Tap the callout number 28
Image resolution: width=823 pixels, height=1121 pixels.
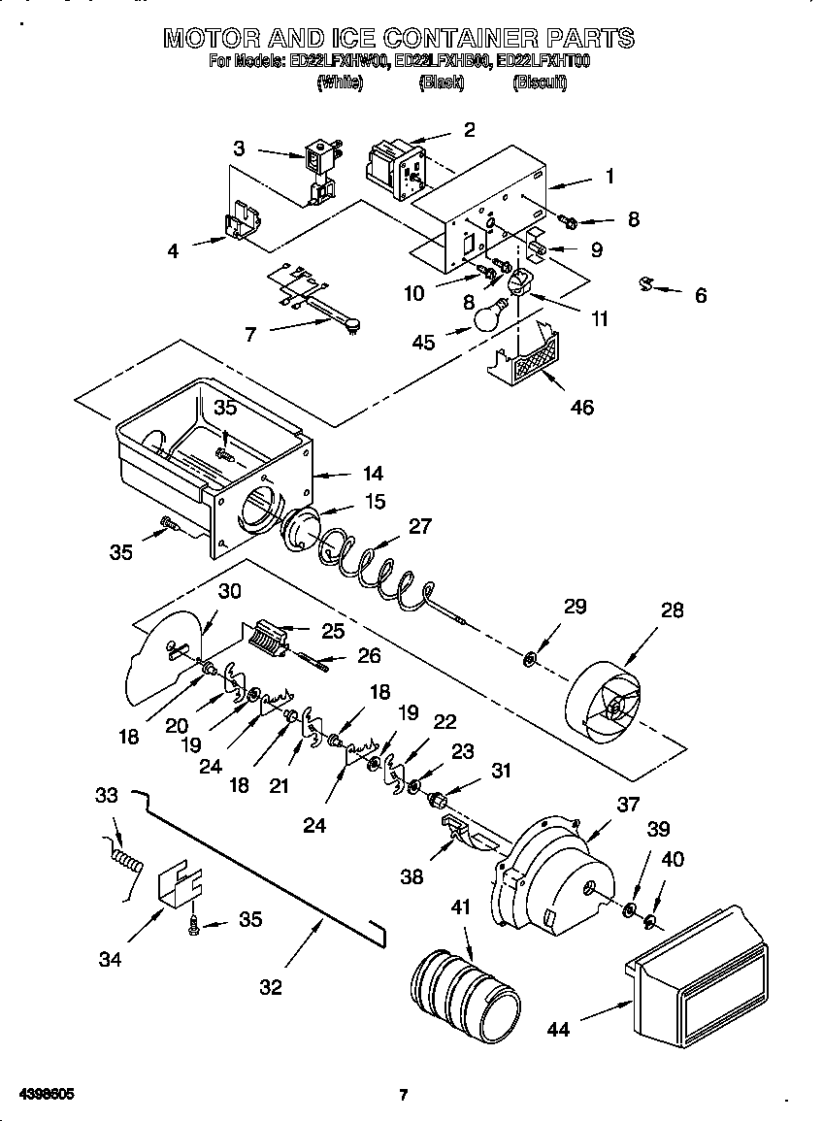tap(672, 610)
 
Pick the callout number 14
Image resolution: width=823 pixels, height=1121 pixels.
tap(372, 474)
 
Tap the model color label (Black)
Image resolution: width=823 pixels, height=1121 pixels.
tap(442, 83)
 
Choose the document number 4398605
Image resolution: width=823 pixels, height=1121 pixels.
tap(40, 1095)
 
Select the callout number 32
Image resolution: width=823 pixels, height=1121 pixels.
tap(271, 987)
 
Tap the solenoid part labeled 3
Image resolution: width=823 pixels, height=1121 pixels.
tap(318, 170)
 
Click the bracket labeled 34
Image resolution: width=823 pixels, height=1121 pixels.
tap(181, 883)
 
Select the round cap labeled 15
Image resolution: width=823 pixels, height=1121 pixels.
tap(306, 531)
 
